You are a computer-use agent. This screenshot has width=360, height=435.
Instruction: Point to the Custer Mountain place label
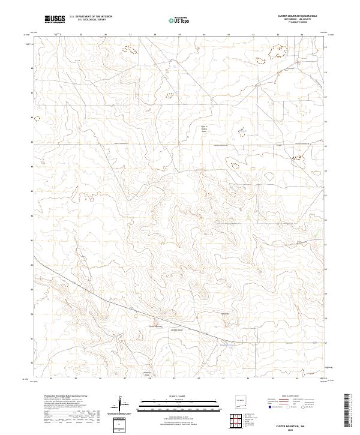coord(155,326)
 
